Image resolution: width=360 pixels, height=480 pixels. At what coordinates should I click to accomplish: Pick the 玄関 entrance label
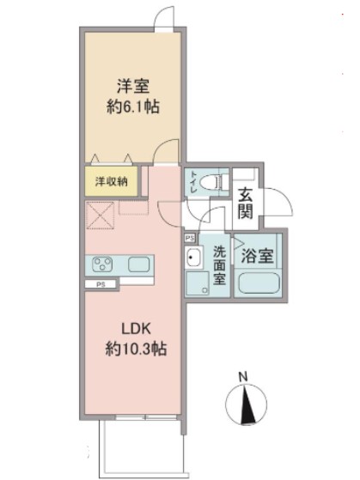[246, 203]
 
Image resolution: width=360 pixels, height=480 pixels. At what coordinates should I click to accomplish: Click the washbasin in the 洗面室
[193, 258]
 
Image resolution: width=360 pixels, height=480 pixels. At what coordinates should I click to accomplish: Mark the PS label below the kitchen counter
[101, 284]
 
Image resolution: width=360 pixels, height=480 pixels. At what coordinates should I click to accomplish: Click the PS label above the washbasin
[189, 237]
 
